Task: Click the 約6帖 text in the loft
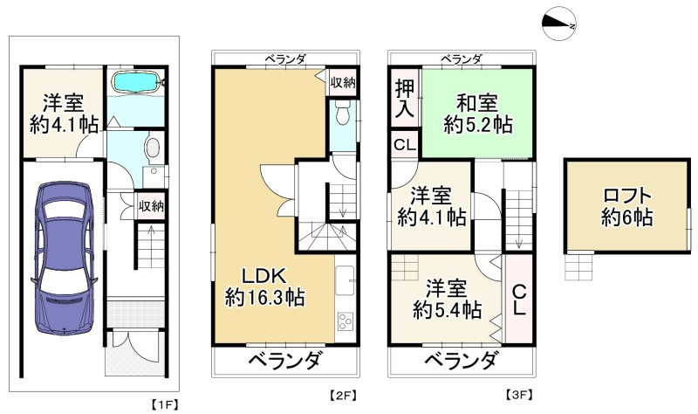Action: (x=626, y=218)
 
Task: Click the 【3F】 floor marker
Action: (x=521, y=395)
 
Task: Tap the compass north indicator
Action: (x=558, y=24)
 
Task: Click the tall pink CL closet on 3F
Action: (x=517, y=298)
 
